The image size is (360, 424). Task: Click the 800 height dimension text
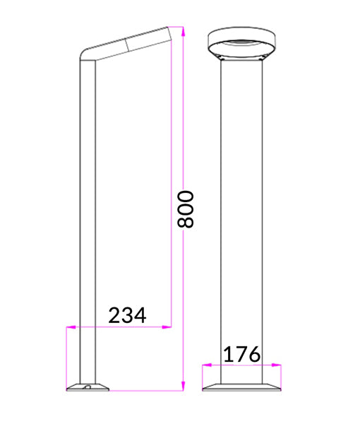click(186, 208)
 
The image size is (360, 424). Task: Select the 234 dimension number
click(127, 315)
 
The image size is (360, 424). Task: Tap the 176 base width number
click(242, 354)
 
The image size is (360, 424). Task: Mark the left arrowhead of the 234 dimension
click(68, 326)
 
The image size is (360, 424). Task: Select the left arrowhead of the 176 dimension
click(205, 365)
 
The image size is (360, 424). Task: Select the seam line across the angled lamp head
click(128, 45)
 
